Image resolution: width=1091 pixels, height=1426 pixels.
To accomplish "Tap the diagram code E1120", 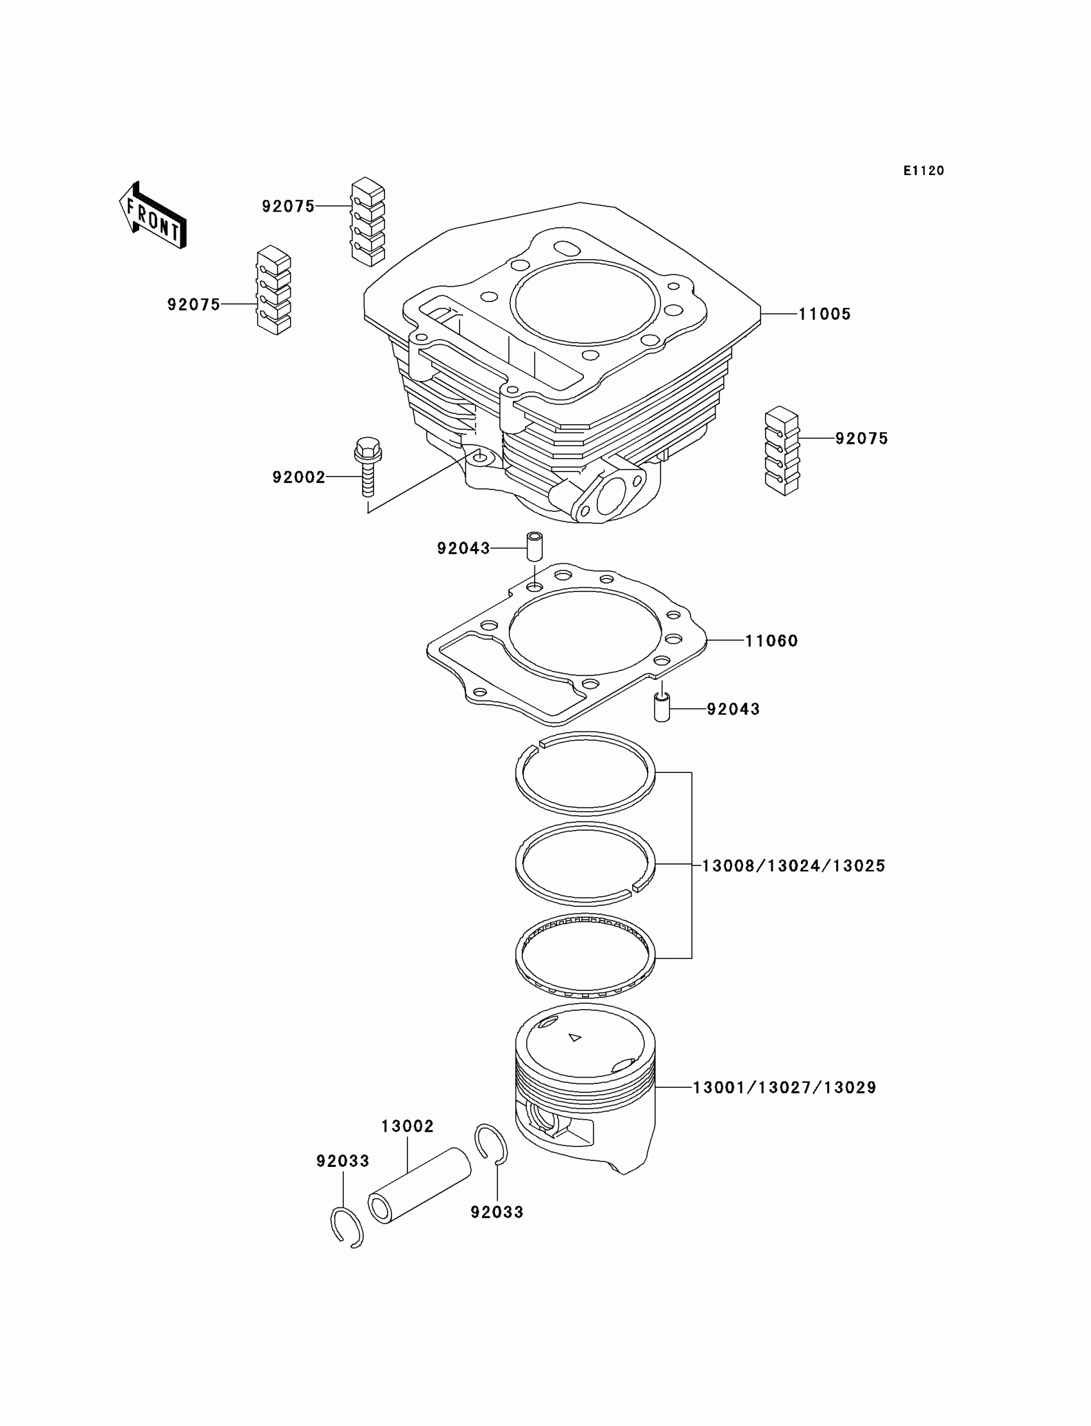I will click(923, 171).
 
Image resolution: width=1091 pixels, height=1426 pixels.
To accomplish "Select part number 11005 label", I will click(824, 314).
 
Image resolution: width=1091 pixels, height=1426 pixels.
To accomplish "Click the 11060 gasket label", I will click(771, 641).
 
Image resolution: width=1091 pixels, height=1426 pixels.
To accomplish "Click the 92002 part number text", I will click(298, 477).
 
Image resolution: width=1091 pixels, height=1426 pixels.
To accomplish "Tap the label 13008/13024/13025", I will click(794, 865).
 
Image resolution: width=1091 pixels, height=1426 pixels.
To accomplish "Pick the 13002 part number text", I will click(407, 1126).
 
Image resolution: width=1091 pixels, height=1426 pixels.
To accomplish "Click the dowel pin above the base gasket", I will click(534, 547).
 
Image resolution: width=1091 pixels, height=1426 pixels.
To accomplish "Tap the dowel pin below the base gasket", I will click(661, 708).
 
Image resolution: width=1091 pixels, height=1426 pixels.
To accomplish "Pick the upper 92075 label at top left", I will click(288, 207).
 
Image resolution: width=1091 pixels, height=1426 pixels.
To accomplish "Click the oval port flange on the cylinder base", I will click(608, 497).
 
